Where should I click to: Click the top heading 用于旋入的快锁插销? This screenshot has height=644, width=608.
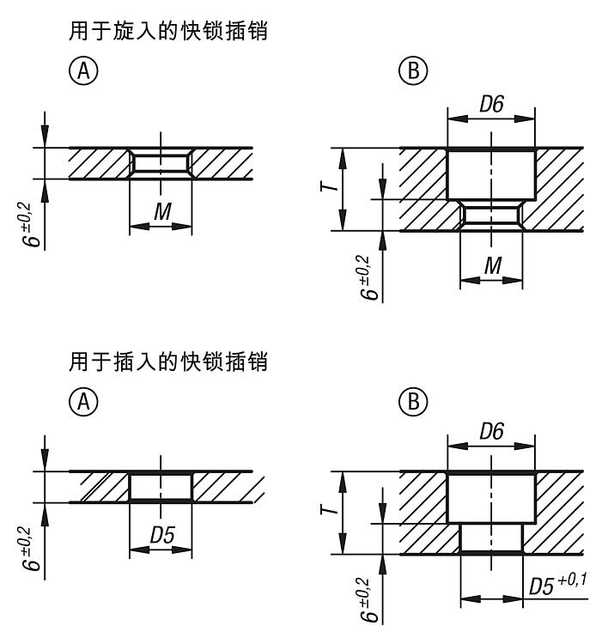pos(168,31)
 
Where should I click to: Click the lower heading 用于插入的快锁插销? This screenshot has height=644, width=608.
pos(168,361)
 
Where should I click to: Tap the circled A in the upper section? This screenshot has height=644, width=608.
pos(83,70)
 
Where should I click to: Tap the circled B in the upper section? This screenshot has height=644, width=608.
pos(413,70)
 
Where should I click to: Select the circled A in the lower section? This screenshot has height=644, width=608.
pos(83,401)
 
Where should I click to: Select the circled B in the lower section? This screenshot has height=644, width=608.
pos(413,401)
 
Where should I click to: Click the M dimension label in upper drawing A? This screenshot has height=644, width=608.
pos(162,211)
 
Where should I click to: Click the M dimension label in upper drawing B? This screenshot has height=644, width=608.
pos(493,265)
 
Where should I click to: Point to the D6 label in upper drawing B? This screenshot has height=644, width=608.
pos(491,104)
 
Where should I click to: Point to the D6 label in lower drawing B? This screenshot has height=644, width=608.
pos(491,431)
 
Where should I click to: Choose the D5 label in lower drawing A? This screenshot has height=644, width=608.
pos(162,535)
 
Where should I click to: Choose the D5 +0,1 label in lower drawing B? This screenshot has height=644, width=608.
pos(557,585)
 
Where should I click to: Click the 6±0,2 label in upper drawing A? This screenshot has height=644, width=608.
pos(31,224)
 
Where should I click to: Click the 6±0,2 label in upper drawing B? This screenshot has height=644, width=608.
pos(368,277)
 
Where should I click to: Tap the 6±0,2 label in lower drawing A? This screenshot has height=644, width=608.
pos(31,549)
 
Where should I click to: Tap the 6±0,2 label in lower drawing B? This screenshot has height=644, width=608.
pos(368,600)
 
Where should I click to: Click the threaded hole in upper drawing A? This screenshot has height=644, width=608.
pos(161,163)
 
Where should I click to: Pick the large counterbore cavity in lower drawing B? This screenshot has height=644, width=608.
pos(491,497)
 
